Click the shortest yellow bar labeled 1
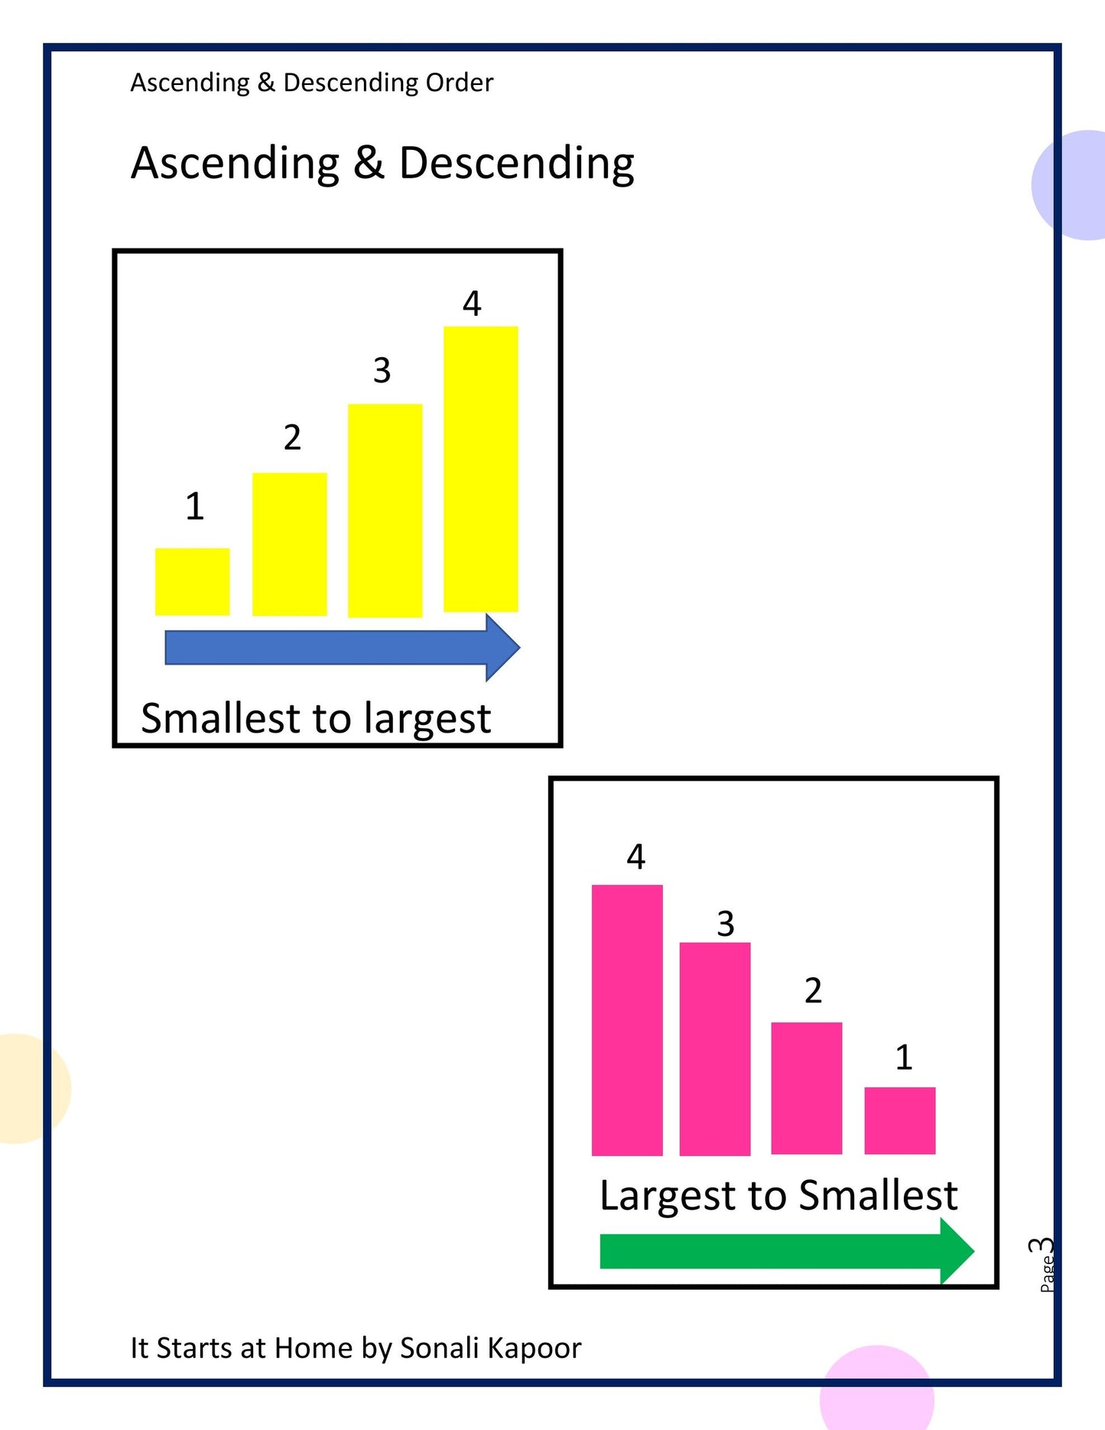(x=192, y=581)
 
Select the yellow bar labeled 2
(x=289, y=544)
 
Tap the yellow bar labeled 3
(x=385, y=510)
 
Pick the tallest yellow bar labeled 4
(x=480, y=469)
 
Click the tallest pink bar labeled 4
(x=627, y=1019)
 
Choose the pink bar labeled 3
(x=715, y=1048)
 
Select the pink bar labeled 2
(x=806, y=1087)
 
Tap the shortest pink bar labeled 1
(x=899, y=1120)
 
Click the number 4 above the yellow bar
(x=472, y=304)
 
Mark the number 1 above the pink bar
(x=903, y=1057)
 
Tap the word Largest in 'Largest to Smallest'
(x=667, y=1195)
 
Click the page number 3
(x=1041, y=1246)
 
